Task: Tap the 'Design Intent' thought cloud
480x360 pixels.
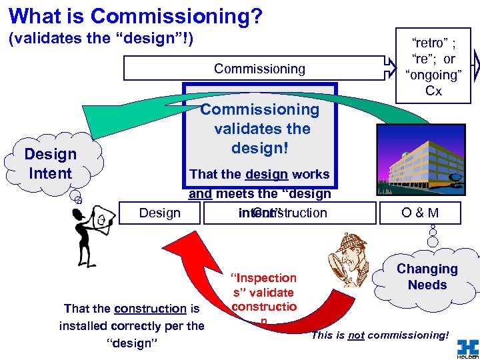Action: pos(50,164)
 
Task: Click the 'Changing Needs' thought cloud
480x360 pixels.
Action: pos(427,277)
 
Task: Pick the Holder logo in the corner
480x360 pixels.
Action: pos(467,348)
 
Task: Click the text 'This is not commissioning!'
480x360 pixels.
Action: pos(379,335)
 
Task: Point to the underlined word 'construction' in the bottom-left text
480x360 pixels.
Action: pos(150,309)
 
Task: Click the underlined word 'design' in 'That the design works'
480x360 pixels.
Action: pos(266,174)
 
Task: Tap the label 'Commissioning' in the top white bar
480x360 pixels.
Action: pos(259,69)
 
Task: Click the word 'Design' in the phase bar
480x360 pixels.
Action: pos(159,213)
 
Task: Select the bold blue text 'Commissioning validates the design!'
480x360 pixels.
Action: pos(260,128)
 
